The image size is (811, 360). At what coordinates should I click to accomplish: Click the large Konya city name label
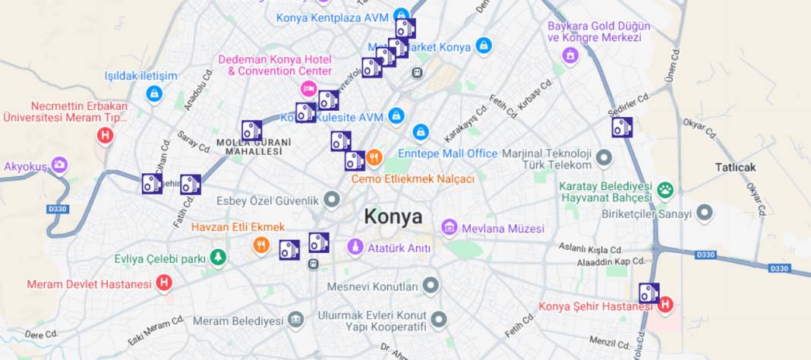[x=393, y=216]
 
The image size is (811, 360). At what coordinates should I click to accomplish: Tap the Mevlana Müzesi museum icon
[x=450, y=227]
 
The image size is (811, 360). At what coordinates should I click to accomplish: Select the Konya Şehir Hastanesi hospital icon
[x=666, y=305]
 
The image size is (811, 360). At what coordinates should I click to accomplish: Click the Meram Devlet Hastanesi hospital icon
[x=163, y=283]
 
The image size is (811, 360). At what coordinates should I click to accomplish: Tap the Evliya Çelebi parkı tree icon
[x=218, y=258]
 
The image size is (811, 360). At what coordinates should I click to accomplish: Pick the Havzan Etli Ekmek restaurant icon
[x=260, y=245]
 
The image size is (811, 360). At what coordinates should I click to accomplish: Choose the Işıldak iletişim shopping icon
[x=154, y=94]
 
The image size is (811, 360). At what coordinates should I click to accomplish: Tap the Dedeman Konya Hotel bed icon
[x=308, y=89]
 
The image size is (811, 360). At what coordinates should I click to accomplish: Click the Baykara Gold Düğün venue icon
[x=570, y=55]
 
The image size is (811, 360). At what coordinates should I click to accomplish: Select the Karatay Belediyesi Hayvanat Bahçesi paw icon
[x=666, y=190]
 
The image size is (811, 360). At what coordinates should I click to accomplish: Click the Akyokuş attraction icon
[x=59, y=165]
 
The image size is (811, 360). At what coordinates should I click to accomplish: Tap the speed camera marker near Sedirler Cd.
[x=622, y=127]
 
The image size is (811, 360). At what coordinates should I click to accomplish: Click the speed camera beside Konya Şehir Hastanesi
[x=648, y=293]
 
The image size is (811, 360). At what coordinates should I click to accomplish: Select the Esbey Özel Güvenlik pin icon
[x=332, y=201]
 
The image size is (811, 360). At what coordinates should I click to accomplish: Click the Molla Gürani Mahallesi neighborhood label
[x=254, y=147]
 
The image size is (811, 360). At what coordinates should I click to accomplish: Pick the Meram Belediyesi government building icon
[x=295, y=320]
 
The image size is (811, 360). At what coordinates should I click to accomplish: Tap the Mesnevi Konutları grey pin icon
[x=431, y=286]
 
